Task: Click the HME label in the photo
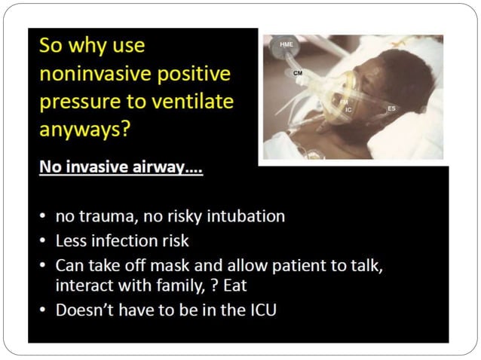(x=286, y=44)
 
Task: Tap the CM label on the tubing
(x=298, y=73)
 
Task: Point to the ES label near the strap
(x=391, y=109)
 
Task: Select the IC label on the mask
(x=348, y=110)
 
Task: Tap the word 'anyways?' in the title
(x=84, y=128)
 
